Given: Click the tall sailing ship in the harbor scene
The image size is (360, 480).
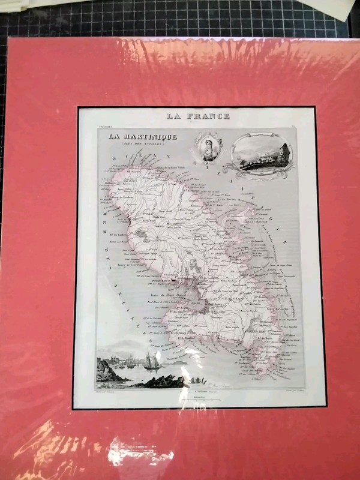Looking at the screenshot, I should point(150,361).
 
